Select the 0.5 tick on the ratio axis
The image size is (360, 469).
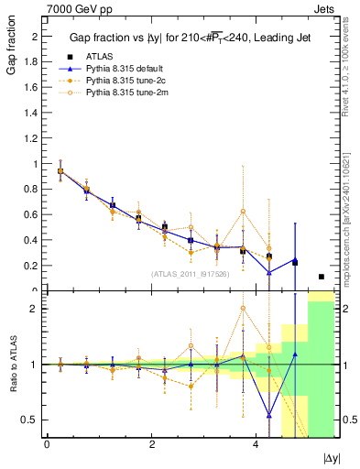(34, 420)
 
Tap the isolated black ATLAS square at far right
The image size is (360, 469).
(321, 277)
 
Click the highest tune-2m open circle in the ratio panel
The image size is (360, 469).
(243, 309)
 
